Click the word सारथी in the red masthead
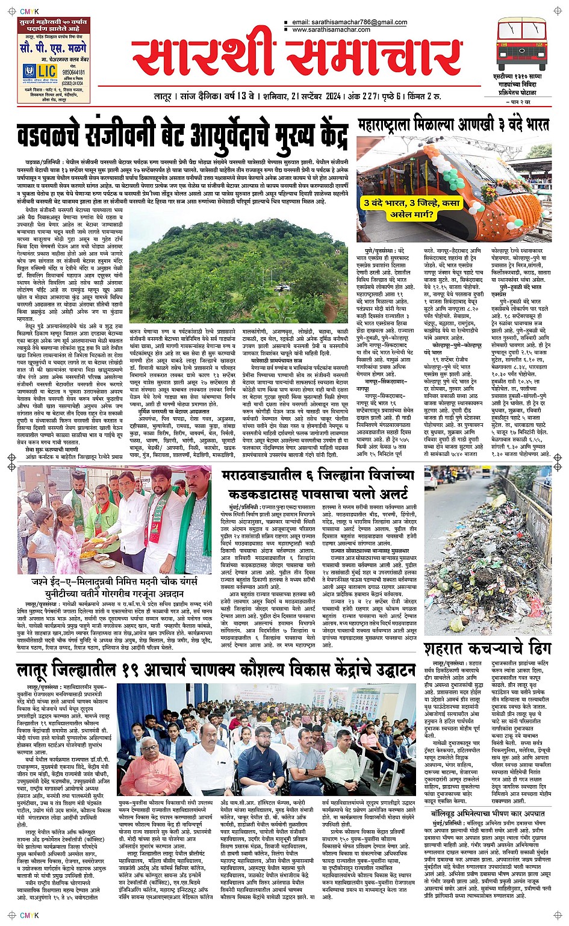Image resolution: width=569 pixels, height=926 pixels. [205, 57]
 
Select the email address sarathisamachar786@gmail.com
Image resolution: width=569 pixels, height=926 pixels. [349, 22]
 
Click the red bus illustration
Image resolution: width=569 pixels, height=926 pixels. [521, 45]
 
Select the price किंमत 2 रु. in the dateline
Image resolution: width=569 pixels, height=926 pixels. [424, 96]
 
